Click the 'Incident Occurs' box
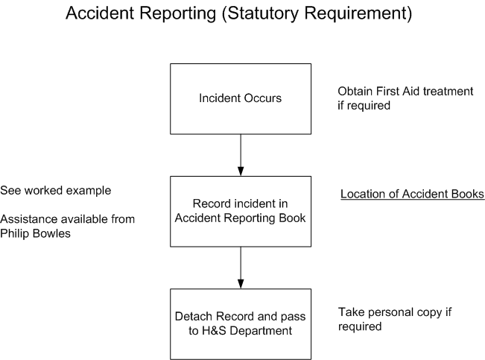pyautogui.click(x=240, y=98)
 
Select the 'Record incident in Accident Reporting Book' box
pyautogui.click(x=240, y=211)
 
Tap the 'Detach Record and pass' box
pyautogui.click(x=240, y=323)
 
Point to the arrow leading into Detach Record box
pyautogui.click(x=240, y=267)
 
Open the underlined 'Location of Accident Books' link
pyautogui.click(x=412, y=195)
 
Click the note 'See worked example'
pyautogui.click(x=56, y=191)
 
